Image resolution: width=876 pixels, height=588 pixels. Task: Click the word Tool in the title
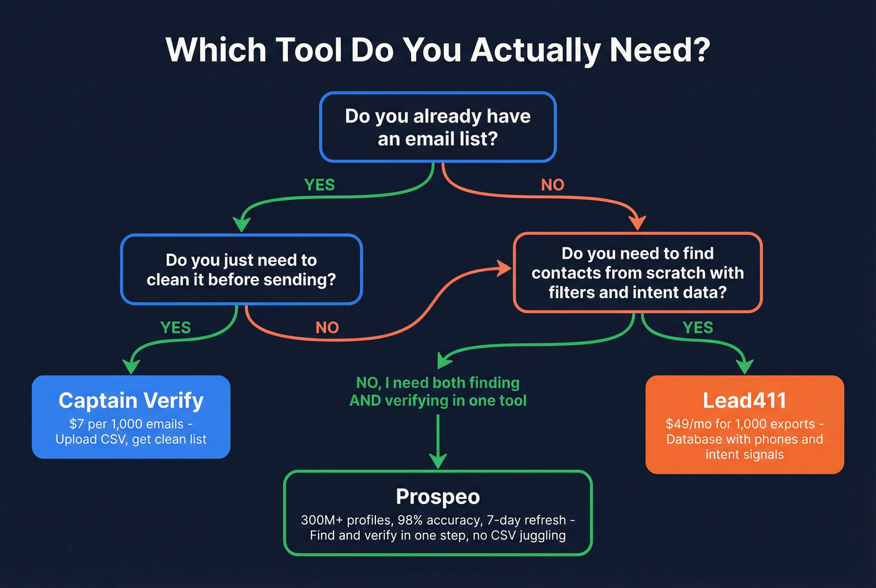tap(309, 50)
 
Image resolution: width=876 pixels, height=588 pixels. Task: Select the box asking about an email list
tap(437, 127)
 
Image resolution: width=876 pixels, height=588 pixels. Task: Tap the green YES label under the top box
tap(319, 185)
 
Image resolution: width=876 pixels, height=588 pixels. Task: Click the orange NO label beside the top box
tap(553, 185)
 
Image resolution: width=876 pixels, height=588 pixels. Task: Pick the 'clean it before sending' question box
tap(241, 269)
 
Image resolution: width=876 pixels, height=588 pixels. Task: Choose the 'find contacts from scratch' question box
tap(637, 272)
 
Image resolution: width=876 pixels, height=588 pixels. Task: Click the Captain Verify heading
tap(131, 400)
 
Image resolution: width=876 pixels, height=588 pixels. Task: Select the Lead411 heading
tap(744, 400)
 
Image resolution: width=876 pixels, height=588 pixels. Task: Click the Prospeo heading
tap(437, 497)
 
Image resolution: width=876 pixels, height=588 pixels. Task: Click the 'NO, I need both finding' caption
tap(437, 383)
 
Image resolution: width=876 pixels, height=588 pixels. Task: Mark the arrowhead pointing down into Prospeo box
tap(437, 461)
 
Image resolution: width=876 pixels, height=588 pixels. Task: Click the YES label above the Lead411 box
tap(698, 328)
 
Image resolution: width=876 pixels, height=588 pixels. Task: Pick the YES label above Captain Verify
tap(175, 328)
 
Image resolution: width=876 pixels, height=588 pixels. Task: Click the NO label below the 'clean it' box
tap(327, 328)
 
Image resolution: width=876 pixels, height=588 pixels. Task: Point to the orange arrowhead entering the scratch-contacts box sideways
tap(504, 269)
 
